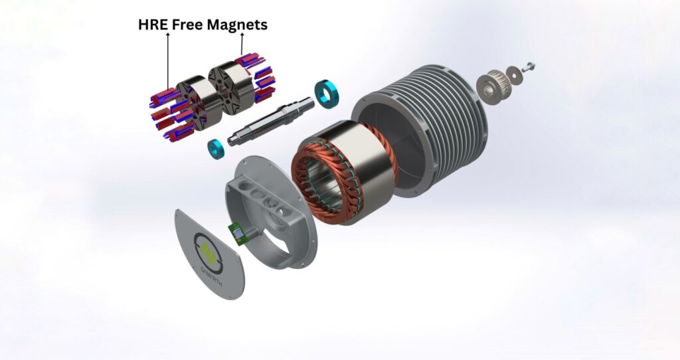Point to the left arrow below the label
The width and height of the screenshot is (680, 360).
pyautogui.click(x=167, y=60)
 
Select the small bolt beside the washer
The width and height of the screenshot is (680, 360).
pyautogui.click(x=530, y=66)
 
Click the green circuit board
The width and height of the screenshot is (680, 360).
pyautogui.click(x=236, y=232)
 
